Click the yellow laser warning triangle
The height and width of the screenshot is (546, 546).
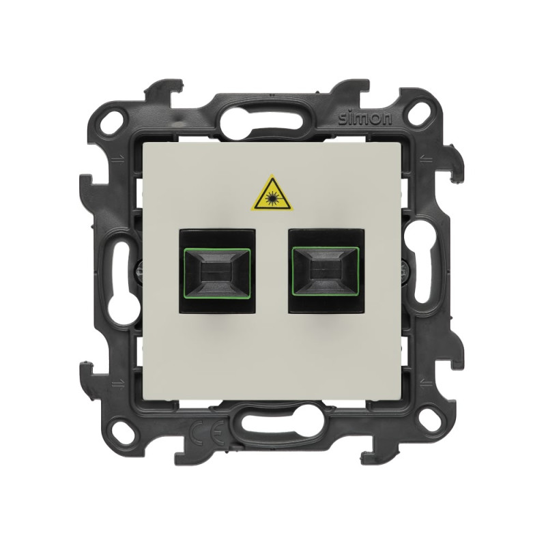coord(272,195)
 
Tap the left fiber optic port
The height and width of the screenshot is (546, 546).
coord(217,270)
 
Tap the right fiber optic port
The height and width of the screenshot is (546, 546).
coord(326,270)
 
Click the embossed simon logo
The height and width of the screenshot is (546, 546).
coord(365,119)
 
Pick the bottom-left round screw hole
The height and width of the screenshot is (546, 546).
coord(122,429)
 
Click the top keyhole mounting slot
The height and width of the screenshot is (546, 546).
coord(261,121)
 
